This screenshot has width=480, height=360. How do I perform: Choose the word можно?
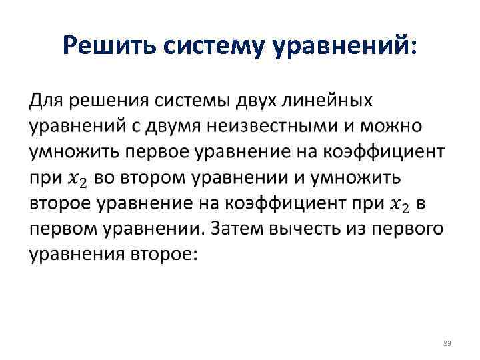coord(407,126)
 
